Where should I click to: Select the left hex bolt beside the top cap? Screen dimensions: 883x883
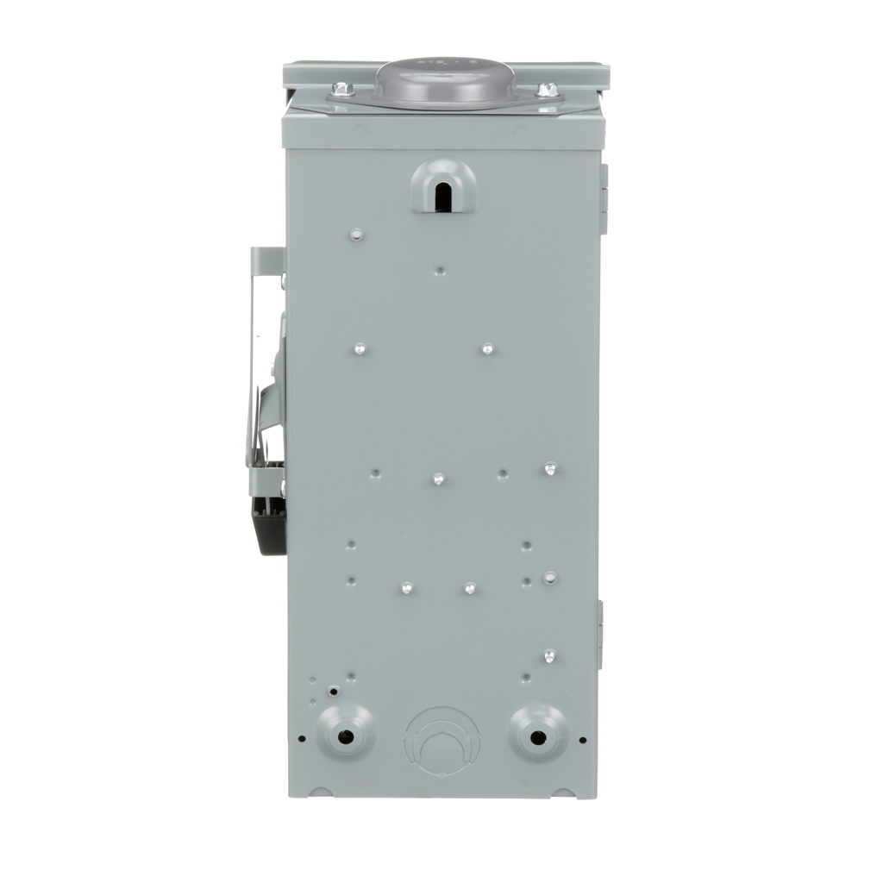(x=342, y=88)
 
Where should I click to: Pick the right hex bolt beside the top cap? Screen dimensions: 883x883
(x=546, y=89)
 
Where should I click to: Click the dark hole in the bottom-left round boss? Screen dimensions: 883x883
(x=345, y=737)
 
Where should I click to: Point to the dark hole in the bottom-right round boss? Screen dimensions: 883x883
(x=537, y=737)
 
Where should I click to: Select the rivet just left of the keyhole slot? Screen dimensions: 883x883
(x=356, y=234)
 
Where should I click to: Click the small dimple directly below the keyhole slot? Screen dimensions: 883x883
(x=440, y=271)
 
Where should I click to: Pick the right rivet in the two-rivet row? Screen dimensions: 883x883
(x=487, y=349)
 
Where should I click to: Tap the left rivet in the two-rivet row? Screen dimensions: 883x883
(x=360, y=349)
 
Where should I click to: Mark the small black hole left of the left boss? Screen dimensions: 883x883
(x=301, y=738)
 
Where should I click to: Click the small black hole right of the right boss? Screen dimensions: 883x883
(x=583, y=739)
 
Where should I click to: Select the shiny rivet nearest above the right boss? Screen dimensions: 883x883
(x=549, y=657)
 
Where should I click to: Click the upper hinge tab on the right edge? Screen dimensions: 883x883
(x=603, y=198)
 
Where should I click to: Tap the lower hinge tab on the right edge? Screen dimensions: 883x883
(x=600, y=634)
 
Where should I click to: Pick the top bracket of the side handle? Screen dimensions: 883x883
(x=268, y=258)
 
